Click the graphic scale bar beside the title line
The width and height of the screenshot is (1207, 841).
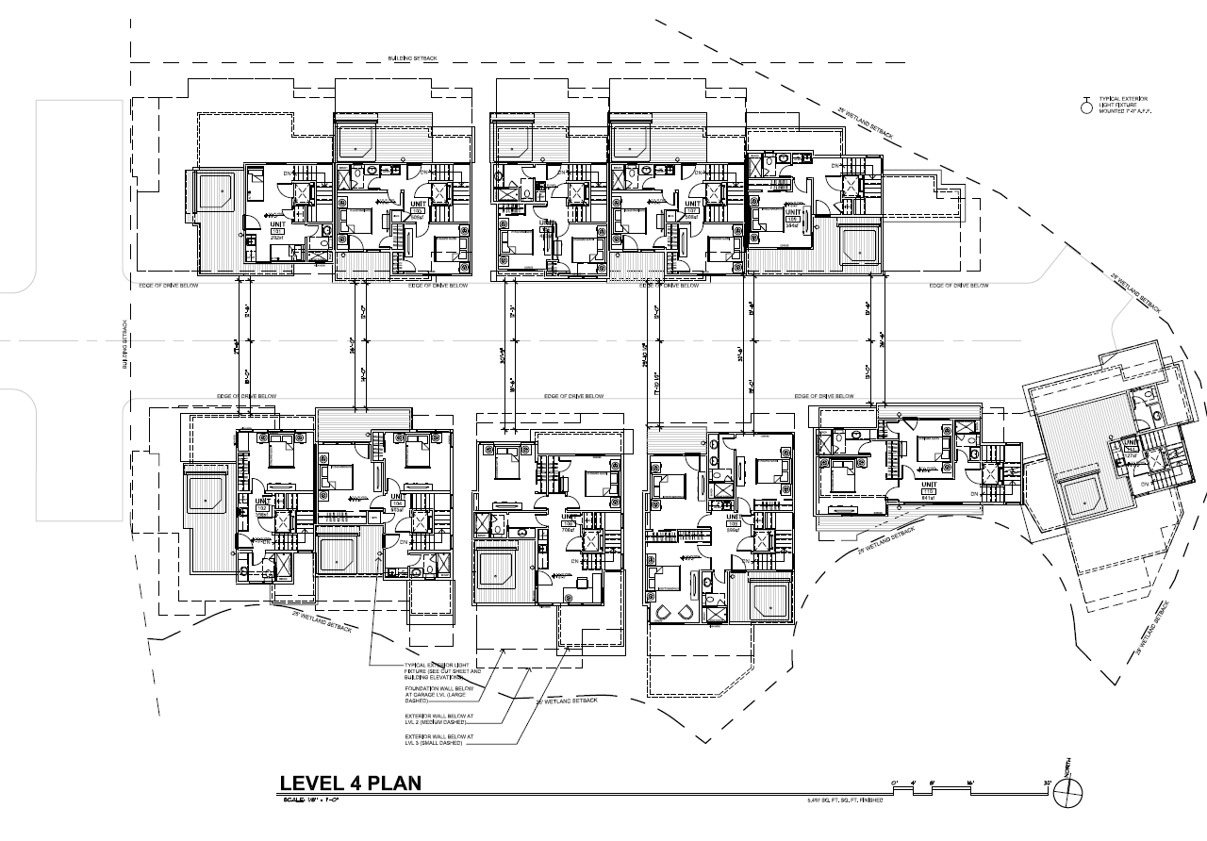(x=971, y=784)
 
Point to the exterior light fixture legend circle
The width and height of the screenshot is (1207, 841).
(x=1085, y=107)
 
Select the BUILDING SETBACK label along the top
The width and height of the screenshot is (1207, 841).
(x=413, y=58)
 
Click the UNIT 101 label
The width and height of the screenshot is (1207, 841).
(x=278, y=226)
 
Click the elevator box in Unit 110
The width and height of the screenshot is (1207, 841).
(x=993, y=477)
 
